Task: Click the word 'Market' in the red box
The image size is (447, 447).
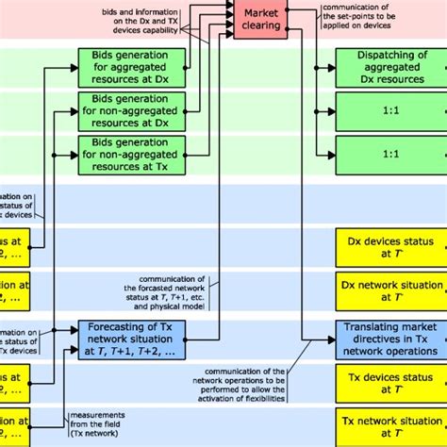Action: point(263,11)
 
